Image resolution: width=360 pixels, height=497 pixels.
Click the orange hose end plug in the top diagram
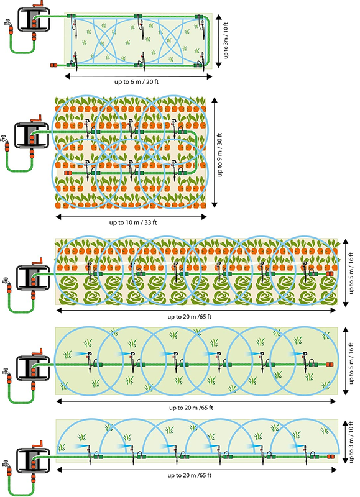[x=53, y=65]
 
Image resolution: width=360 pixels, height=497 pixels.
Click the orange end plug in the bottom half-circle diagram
[x=330, y=457]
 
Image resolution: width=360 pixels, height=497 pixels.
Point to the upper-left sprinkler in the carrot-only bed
[x=88, y=127]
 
